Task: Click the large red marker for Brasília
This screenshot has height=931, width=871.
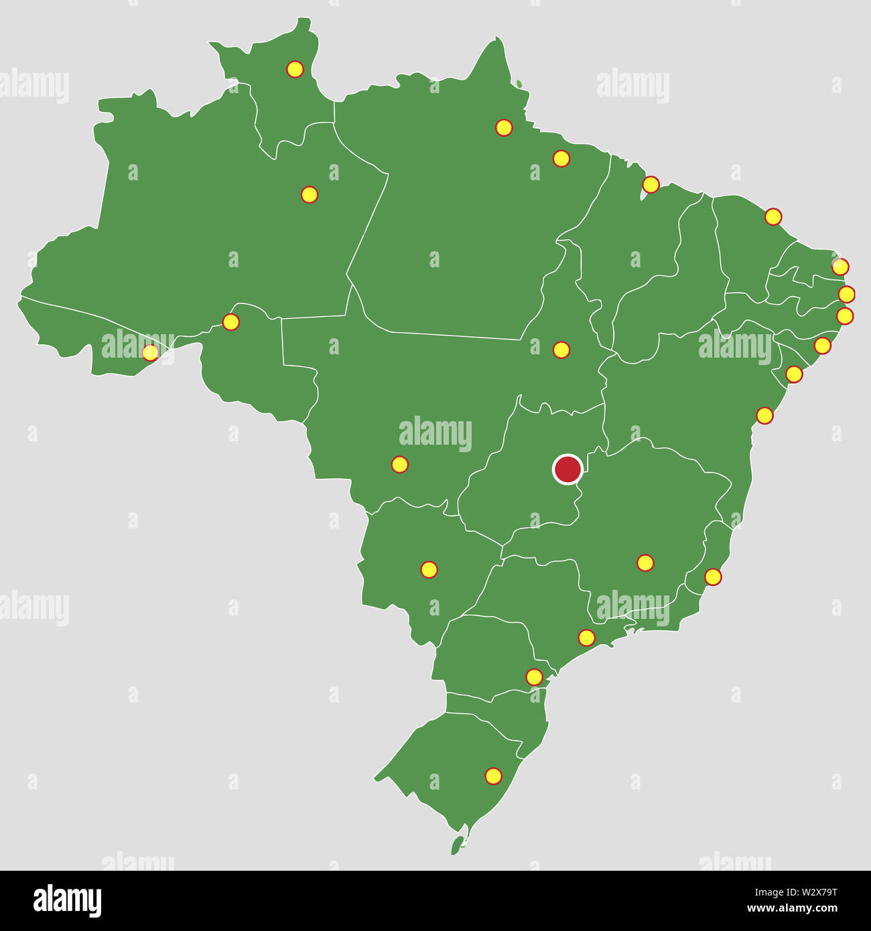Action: [x=567, y=469]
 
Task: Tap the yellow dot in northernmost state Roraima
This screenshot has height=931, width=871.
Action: [x=295, y=69]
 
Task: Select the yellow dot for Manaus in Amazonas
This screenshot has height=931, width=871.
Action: [x=309, y=195]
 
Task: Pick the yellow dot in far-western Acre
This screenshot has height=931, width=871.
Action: [x=151, y=352]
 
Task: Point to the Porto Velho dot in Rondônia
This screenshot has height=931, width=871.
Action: [x=230, y=322]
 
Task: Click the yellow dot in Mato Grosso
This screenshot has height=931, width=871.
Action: [x=399, y=464]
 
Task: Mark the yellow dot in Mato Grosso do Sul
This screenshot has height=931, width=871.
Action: [x=429, y=570]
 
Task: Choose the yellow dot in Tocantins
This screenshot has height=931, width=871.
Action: [x=561, y=350]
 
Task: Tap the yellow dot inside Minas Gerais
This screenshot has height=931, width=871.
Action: [x=645, y=563]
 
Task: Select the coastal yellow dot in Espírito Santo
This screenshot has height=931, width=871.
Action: [x=713, y=577]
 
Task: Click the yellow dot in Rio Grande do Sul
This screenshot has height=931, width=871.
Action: [x=493, y=776]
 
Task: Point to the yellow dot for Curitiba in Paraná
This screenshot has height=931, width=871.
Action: [x=534, y=677]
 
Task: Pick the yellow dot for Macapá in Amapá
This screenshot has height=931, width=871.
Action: [x=504, y=127]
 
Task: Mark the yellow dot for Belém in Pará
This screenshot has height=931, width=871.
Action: [x=561, y=159]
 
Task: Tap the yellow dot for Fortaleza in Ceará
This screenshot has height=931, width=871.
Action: [x=773, y=216]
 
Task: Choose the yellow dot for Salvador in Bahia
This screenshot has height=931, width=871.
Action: [x=764, y=415]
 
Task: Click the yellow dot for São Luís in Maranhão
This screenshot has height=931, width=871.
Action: [x=651, y=184]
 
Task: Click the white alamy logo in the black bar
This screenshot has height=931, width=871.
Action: [x=67, y=900]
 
